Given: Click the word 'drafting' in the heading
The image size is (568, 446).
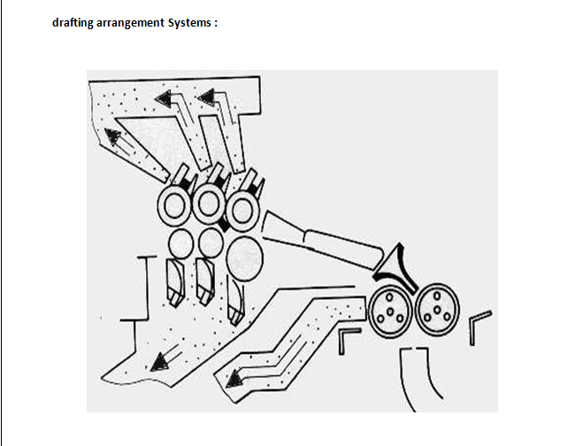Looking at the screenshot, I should (74, 22).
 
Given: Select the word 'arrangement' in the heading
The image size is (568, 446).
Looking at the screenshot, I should (131, 22).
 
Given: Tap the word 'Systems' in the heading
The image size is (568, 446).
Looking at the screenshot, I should (188, 22).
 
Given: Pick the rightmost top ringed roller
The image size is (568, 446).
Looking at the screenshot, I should (241, 207).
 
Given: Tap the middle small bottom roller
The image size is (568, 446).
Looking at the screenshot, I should (211, 241).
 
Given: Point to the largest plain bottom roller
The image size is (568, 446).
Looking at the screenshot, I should (244, 254).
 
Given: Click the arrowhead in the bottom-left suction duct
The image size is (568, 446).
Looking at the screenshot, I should (159, 360).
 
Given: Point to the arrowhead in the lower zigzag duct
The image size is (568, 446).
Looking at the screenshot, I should (235, 380).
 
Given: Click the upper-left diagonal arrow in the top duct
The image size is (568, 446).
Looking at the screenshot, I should (113, 135).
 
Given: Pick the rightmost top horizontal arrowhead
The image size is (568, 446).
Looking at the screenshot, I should (206, 95).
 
